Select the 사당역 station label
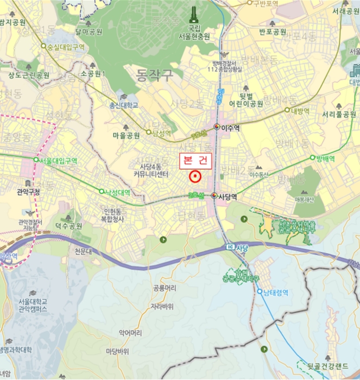(x=228, y=198)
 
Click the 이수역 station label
(x=230, y=126)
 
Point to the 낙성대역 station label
(x=118, y=192)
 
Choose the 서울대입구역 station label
(x=59, y=161)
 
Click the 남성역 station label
(x=162, y=132)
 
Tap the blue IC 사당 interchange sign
(x=236, y=248)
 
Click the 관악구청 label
(x=28, y=191)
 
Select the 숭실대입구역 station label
(x=66, y=47)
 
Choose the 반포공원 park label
(x=273, y=31)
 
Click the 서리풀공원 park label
(x=339, y=115)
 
